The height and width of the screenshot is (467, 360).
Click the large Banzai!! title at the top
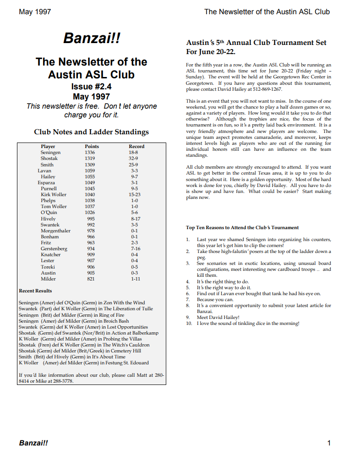[x=92, y=38]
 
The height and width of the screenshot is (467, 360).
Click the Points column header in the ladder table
[x=92, y=147]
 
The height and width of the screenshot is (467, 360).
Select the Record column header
[x=136, y=147]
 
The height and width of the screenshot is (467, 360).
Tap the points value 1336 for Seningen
[x=90, y=153]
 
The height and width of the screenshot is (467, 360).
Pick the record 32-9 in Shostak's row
[x=133, y=159]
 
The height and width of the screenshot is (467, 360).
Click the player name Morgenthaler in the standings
[x=56, y=231]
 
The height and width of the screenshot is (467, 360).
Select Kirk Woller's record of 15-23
[x=135, y=195]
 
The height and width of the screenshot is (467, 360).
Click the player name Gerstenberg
[x=54, y=249]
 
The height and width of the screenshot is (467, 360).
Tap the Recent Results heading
[x=35, y=291]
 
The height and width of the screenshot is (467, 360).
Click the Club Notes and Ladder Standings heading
[x=91, y=132]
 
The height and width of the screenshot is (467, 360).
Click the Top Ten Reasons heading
[x=242, y=227]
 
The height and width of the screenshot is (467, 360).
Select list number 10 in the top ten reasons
[x=189, y=324]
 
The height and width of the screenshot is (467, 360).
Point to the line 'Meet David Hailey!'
[x=218, y=317]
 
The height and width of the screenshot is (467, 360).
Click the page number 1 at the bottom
[x=329, y=443]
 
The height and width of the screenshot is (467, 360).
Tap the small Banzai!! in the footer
[x=33, y=443]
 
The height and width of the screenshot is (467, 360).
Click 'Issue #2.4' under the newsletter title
[x=91, y=86]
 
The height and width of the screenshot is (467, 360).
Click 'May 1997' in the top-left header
[x=35, y=11]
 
